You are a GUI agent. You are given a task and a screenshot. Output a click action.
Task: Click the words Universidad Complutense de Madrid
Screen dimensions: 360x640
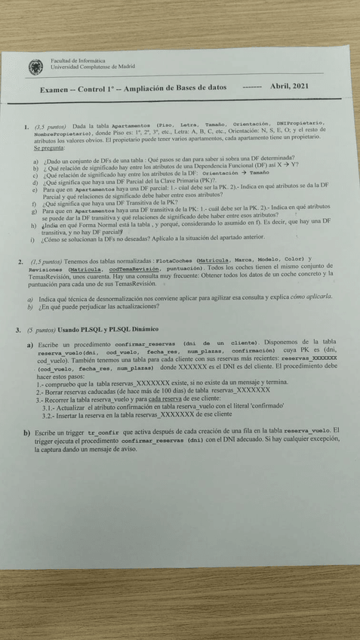click(94, 68)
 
